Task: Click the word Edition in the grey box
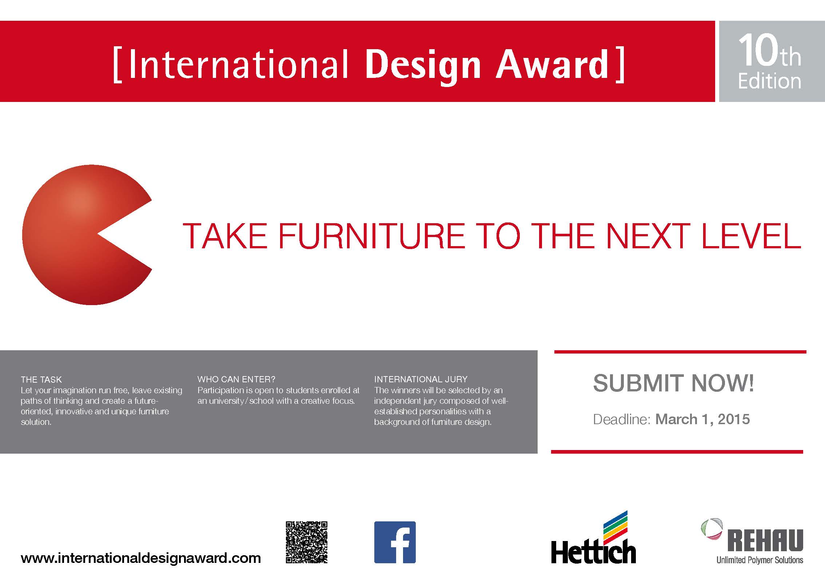tap(769, 81)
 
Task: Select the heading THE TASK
tap(41, 380)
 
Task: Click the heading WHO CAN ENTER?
tap(236, 379)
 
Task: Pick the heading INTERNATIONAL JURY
tap(421, 379)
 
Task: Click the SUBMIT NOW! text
tap(674, 383)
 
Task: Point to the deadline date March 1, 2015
tap(702, 419)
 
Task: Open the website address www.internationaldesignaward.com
tap(141, 558)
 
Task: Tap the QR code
tap(307, 542)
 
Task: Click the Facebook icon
tap(395, 542)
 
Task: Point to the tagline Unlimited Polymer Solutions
tap(760, 560)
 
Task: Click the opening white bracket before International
tap(117, 65)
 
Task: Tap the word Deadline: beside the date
tap(622, 419)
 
